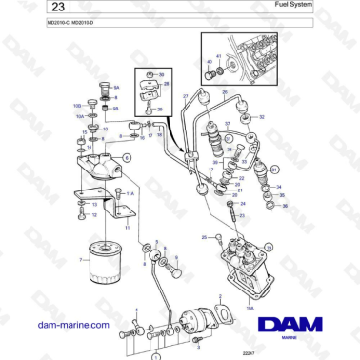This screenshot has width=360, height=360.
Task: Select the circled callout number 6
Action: (x=127, y=155)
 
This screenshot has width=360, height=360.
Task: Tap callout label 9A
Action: (x=116, y=87)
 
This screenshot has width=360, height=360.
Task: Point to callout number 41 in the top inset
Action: (x=219, y=57)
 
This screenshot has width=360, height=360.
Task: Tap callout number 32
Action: (x=262, y=117)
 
